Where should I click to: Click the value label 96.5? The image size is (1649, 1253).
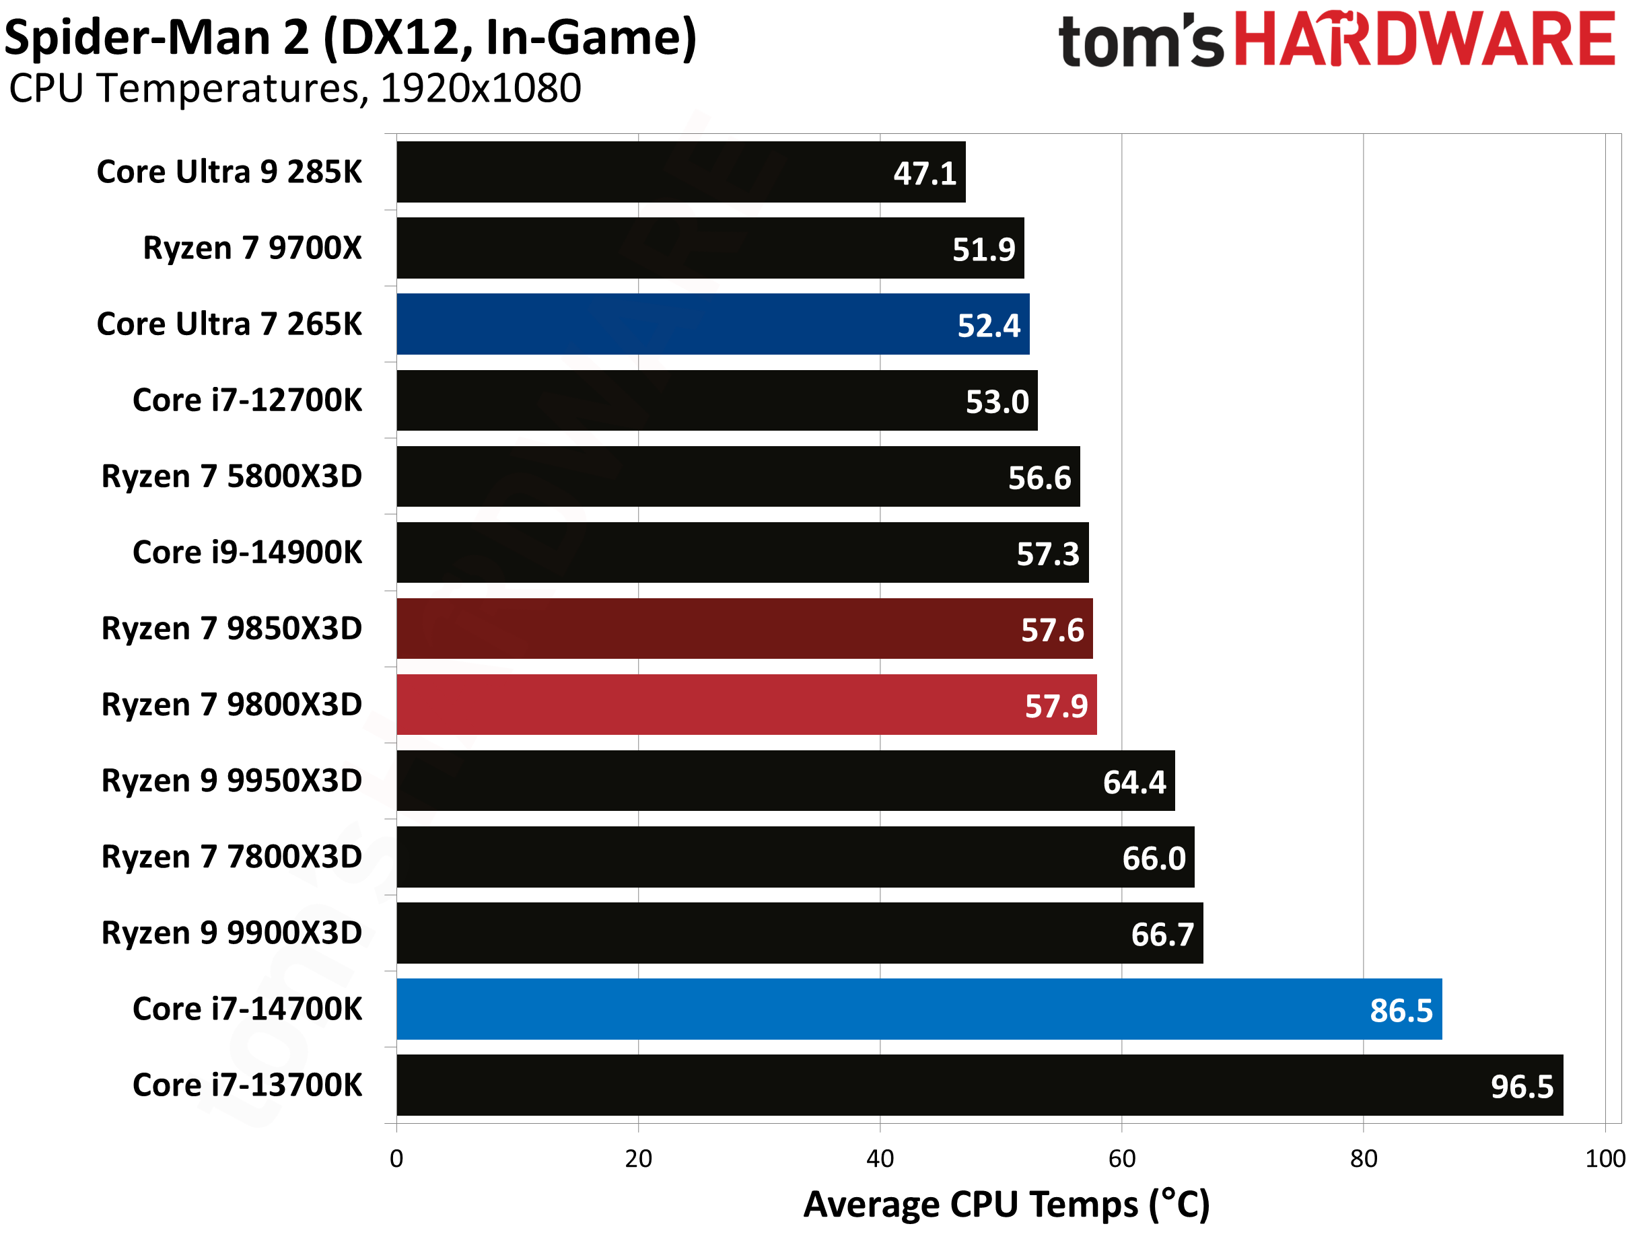(1522, 1087)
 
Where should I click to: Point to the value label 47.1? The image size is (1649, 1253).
(925, 174)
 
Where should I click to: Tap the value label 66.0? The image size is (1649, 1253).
(1154, 859)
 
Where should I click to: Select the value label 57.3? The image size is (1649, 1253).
(1048, 554)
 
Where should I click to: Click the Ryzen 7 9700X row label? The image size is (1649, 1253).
(252, 248)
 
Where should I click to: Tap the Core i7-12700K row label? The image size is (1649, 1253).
(247, 400)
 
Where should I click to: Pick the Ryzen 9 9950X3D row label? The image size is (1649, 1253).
(232, 781)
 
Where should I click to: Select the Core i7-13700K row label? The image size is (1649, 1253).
(247, 1085)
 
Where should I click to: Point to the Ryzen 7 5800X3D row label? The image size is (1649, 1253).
(232, 476)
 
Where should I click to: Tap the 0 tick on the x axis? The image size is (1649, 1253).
(397, 1158)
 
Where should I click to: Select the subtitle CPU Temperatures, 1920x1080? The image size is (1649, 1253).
(295, 89)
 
